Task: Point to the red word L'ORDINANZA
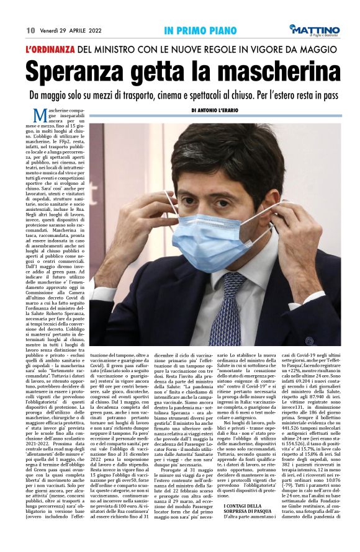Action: [50, 49]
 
